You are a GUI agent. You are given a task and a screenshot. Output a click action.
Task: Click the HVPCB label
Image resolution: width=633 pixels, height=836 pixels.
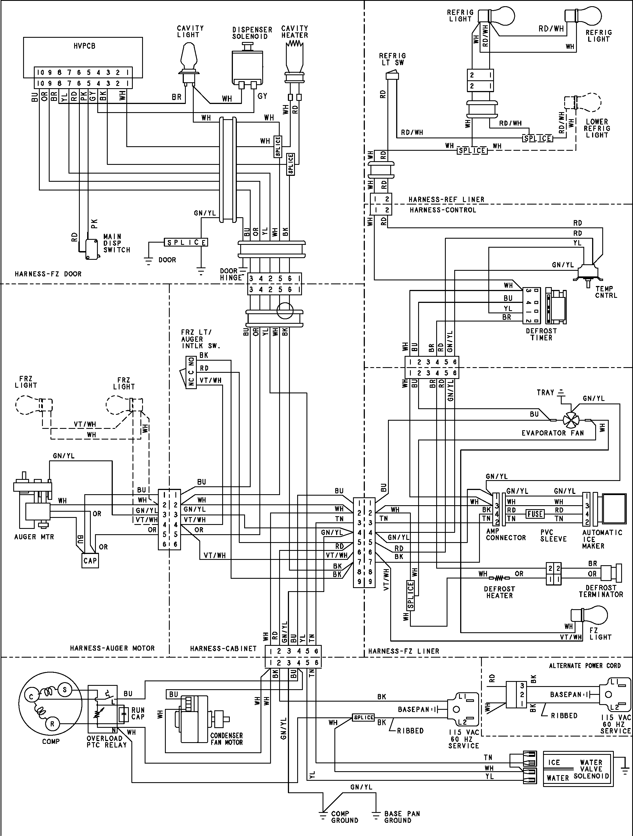click(x=84, y=46)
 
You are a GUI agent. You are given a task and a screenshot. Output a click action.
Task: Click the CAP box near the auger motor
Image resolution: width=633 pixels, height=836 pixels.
click(x=90, y=560)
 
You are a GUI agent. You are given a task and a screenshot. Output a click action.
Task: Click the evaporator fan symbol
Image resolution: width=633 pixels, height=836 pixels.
click(x=569, y=420)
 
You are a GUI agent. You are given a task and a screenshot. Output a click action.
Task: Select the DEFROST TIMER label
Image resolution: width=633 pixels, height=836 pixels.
click(x=541, y=334)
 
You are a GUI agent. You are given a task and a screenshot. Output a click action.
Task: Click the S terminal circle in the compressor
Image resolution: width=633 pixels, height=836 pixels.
click(x=65, y=690)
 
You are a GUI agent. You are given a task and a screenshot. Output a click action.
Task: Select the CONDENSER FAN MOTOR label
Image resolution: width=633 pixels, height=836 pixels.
click(x=226, y=739)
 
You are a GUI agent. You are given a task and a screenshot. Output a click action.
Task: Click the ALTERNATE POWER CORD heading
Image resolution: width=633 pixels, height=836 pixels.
click(x=585, y=666)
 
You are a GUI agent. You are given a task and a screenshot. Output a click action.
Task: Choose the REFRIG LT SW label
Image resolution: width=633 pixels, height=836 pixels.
click(x=392, y=59)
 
